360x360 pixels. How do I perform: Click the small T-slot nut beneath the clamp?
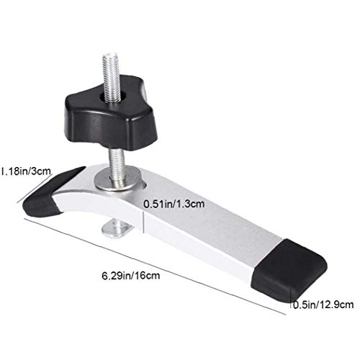coord(118,228)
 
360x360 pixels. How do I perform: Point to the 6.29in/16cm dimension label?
coord(130,275)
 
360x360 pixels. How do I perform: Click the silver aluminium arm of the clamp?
coord(209,230)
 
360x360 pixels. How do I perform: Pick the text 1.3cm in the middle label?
coord(191,204)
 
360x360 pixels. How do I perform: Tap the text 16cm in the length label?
coord(147,275)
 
